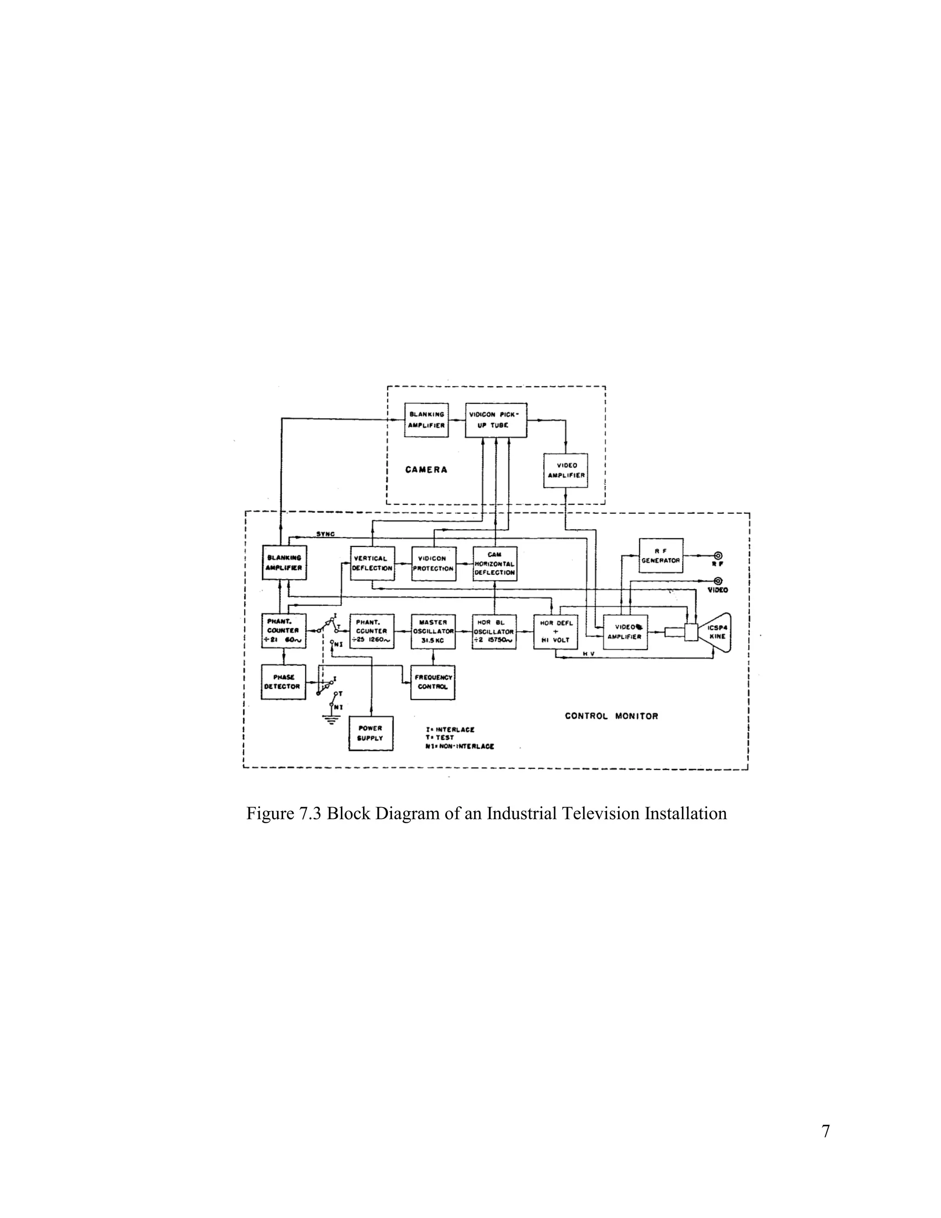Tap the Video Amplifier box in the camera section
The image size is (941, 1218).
point(566,471)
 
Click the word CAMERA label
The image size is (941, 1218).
point(426,470)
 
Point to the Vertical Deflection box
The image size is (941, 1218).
point(372,563)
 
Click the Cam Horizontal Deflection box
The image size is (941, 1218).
point(494,563)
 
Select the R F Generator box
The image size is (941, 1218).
point(661,556)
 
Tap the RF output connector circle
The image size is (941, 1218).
point(718,556)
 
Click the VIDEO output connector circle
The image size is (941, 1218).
point(718,581)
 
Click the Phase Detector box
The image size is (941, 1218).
point(283,682)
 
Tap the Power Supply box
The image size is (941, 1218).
point(370,733)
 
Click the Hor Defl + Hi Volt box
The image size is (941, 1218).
point(555,632)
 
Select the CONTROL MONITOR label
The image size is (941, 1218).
point(611,716)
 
